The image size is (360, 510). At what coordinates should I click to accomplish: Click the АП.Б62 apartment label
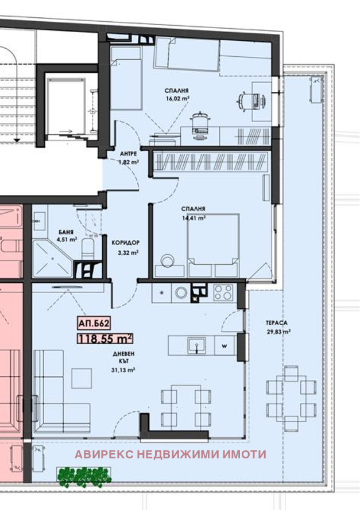[x=94, y=324]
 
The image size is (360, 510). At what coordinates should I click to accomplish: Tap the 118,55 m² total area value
[x=105, y=339]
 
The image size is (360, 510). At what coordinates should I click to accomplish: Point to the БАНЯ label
[x=66, y=232]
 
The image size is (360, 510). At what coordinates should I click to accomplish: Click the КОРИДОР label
[x=125, y=243]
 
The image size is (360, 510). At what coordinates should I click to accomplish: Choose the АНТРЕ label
[x=128, y=154]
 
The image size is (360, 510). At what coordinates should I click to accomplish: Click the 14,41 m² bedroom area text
[x=193, y=217]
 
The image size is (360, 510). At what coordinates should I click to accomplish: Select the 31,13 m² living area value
[x=123, y=370]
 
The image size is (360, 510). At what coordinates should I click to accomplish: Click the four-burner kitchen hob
[x=223, y=293]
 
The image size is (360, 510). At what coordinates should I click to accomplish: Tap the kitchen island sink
[x=196, y=345]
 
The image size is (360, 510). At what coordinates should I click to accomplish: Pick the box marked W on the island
[x=224, y=346]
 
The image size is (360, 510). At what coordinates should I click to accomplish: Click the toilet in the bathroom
[x=87, y=250]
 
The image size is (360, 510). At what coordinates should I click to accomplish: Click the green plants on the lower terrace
[x=84, y=477]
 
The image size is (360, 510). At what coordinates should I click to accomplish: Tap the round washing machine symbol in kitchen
[x=181, y=293]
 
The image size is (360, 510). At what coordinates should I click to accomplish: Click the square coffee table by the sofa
[x=82, y=378]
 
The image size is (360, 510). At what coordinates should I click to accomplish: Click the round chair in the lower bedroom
[x=168, y=260]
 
